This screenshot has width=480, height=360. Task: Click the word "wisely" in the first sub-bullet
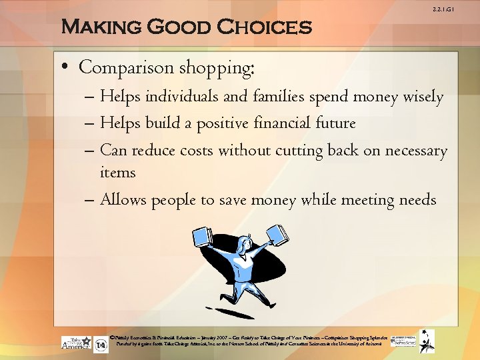pyautogui.click(x=423, y=97)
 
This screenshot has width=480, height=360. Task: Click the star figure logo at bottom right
pyautogui.click(x=426, y=341)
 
